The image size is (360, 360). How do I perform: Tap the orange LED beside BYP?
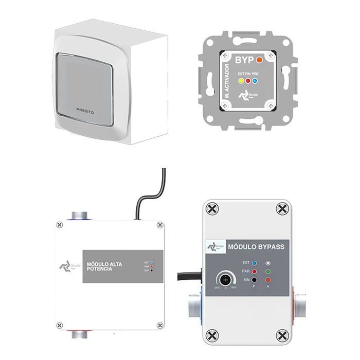(260, 60)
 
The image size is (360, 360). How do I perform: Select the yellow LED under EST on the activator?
(240, 81)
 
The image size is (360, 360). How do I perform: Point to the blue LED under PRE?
(255, 81)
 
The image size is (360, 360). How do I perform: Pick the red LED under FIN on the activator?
(247, 81)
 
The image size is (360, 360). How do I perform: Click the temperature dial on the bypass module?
(224, 279)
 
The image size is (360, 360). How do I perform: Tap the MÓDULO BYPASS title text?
(256, 247)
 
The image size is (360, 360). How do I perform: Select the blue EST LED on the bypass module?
(254, 263)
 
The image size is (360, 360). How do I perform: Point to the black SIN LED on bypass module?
(254, 280)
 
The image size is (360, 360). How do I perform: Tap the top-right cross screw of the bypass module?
(281, 209)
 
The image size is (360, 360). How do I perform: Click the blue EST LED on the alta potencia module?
(153, 262)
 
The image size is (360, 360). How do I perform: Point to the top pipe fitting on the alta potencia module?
(79, 215)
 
